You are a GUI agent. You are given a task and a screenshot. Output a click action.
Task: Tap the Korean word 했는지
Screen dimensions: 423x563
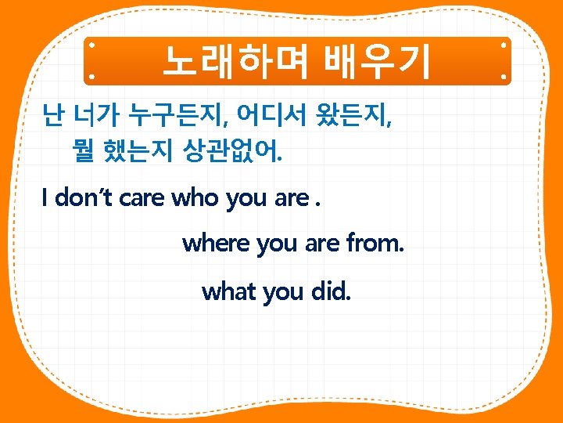click(138, 150)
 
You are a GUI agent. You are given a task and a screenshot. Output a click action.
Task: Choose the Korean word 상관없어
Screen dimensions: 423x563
click(232, 150)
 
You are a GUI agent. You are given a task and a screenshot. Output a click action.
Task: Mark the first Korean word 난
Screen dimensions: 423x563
click(53, 118)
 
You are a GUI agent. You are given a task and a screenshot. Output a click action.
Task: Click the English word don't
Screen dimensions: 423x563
click(85, 198)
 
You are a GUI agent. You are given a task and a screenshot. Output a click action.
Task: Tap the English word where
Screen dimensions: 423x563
click(216, 244)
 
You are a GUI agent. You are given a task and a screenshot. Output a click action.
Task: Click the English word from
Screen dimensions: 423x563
click(375, 244)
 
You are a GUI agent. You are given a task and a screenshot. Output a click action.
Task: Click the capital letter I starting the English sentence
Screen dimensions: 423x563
click(45, 198)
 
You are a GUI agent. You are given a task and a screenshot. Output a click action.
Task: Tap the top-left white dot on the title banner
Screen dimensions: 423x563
click(91, 46)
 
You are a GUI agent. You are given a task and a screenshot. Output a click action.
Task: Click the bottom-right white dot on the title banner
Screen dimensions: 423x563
click(504, 77)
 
